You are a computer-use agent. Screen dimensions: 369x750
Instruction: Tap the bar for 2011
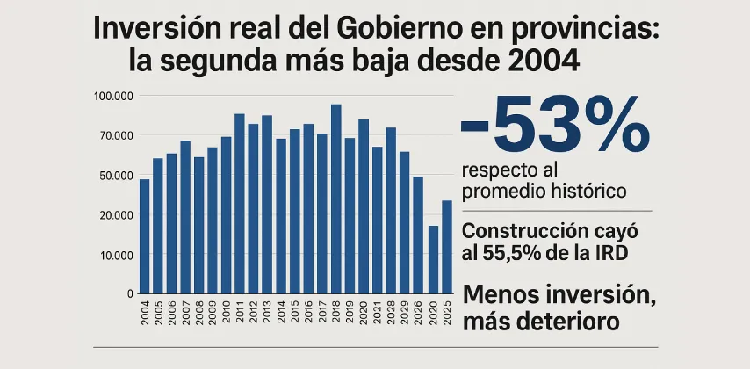tap(240, 203)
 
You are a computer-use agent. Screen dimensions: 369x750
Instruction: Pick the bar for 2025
tap(446, 246)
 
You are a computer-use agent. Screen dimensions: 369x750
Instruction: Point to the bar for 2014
tap(281, 215)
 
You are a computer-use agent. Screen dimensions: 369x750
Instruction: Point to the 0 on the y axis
tap(130, 293)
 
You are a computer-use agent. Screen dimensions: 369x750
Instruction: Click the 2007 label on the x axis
tap(186, 315)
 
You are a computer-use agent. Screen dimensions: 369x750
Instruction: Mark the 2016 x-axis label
tap(308, 315)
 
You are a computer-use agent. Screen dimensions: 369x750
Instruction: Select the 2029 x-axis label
tap(405, 315)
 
